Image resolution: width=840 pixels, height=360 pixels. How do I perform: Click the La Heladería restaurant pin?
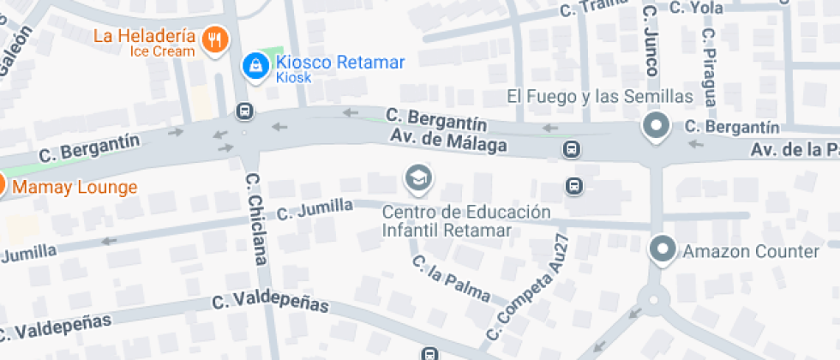pos(214,39)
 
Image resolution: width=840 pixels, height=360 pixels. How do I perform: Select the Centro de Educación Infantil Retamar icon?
pos(417,178)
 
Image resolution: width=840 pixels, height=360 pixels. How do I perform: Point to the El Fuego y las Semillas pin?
pos(657,127)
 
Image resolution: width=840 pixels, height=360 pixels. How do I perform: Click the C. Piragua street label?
pos(709,65)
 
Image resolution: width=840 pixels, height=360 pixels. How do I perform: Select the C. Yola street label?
pos(696,8)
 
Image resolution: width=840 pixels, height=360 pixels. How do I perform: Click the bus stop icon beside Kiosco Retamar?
pos(245,111)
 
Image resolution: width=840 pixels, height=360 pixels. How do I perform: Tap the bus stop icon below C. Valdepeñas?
pos(429,352)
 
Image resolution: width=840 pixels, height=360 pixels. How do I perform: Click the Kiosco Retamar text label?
pos(339,62)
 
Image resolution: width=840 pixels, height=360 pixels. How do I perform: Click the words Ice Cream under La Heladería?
pos(162,51)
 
